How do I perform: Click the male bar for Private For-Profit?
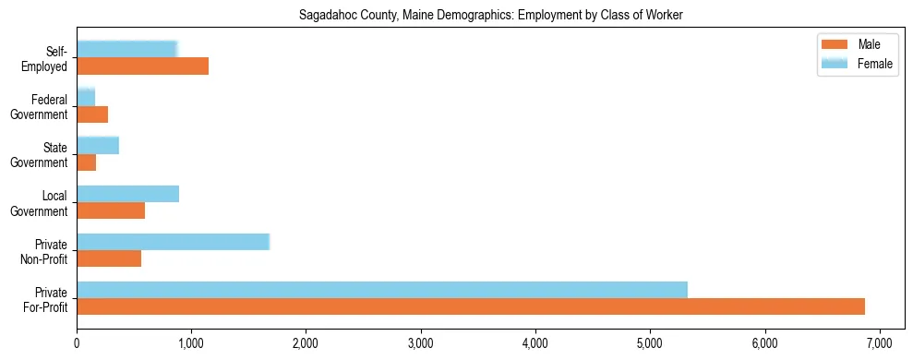tap(471, 306)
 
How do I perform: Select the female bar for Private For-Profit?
tap(382, 289)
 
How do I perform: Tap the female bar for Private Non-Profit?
tap(173, 242)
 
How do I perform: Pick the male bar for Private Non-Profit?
tap(109, 258)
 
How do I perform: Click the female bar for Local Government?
tap(127, 194)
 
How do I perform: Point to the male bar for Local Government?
tap(111, 210)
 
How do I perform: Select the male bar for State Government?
tap(87, 162)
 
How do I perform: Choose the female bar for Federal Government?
tap(86, 97)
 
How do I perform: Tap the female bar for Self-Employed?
tap(126, 49)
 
